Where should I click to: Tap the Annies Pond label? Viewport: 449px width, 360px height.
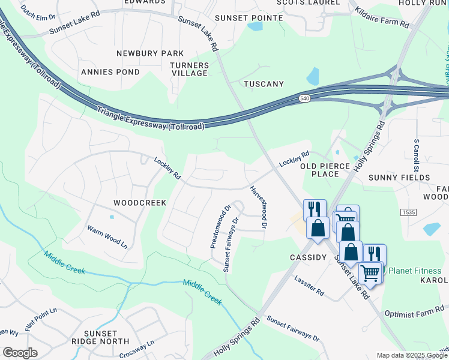click(110, 72)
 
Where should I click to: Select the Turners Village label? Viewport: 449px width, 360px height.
click(189, 69)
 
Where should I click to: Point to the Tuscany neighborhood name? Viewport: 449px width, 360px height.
click(263, 84)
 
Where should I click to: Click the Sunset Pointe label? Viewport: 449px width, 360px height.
click(249, 18)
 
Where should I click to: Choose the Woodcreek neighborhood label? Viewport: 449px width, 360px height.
click(139, 203)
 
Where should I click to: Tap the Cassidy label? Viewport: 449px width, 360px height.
click(308, 257)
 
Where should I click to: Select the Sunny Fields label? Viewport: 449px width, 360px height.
click(399, 178)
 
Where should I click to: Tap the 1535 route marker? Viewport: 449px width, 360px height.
click(408, 213)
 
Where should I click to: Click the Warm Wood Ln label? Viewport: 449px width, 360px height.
click(107, 236)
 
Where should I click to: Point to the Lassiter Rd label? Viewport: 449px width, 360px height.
click(309, 286)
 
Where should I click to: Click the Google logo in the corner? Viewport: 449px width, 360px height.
click(20, 353)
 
